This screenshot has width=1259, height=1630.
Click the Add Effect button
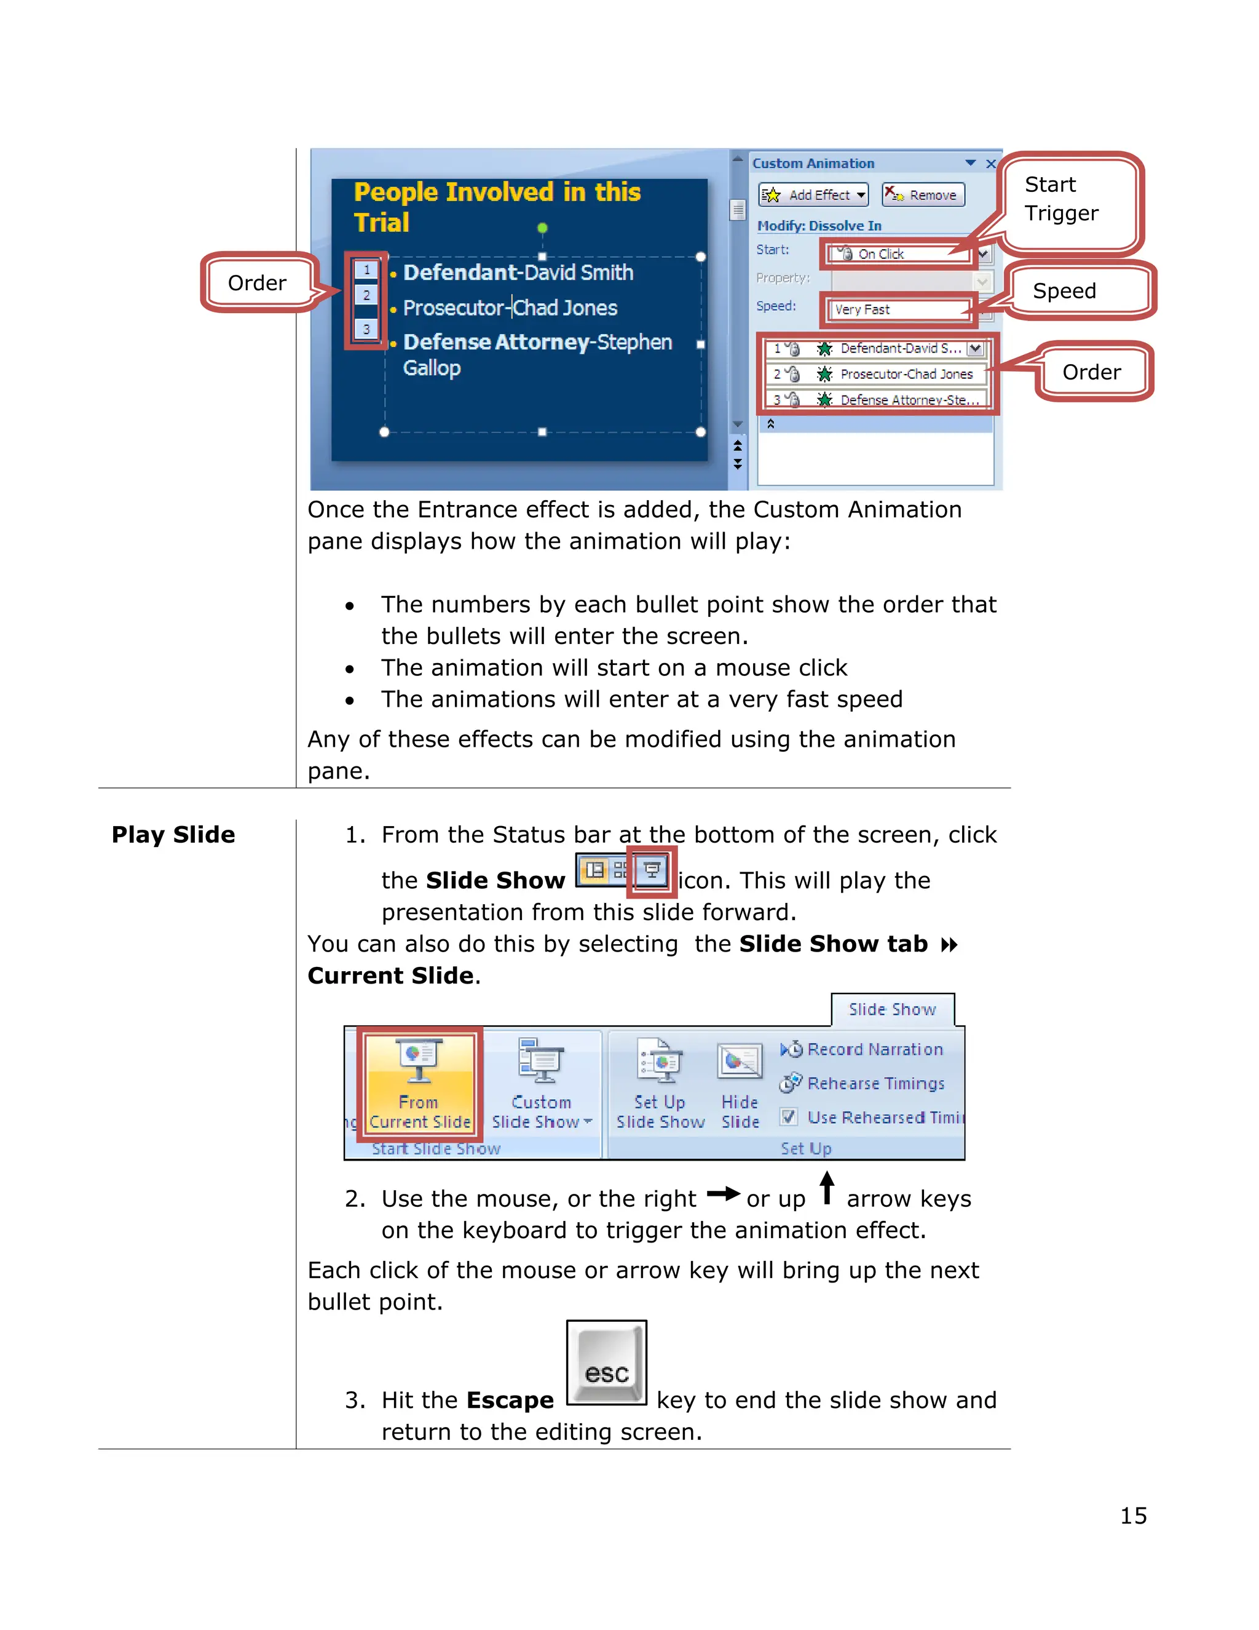(813, 195)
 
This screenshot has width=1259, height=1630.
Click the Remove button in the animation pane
(923, 195)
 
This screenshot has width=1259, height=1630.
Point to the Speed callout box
(1064, 290)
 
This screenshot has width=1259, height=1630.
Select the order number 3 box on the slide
(366, 328)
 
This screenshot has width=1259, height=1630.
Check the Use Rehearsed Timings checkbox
(788, 1117)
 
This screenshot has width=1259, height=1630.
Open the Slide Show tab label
(892, 1009)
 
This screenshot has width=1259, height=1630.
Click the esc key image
(606, 1363)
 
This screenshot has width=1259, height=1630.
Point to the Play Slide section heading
(173, 835)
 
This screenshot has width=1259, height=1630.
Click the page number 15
(1133, 1516)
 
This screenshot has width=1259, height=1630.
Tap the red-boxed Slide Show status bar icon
(652, 870)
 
